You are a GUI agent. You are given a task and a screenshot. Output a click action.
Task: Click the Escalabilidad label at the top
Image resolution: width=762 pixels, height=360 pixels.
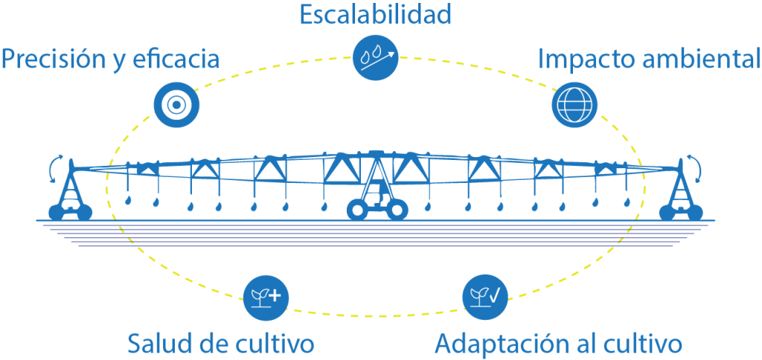pyautogui.click(x=375, y=14)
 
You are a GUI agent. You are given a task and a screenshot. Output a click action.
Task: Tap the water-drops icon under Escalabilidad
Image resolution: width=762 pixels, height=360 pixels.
pyautogui.click(x=375, y=56)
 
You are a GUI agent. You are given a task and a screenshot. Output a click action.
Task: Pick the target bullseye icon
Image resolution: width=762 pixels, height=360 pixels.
pyautogui.click(x=175, y=106)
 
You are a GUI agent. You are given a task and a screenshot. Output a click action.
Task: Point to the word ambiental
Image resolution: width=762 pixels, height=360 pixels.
pyautogui.click(x=699, y=59)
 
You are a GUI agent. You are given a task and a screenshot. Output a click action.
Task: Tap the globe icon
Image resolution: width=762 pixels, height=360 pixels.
pyautogui.click(x=574, y=104)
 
